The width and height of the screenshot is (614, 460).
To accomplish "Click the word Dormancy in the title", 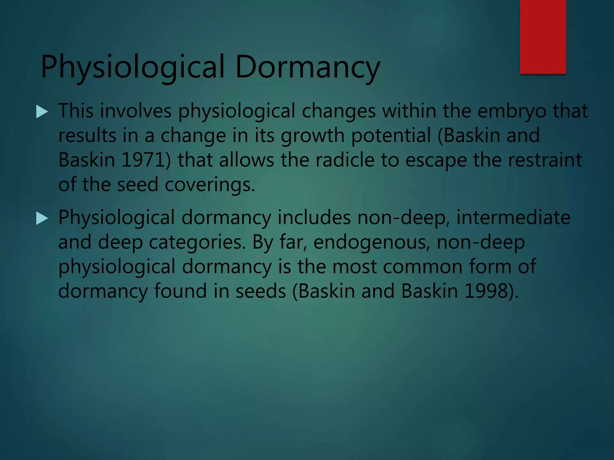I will pyautogui.click(x=308, y=67).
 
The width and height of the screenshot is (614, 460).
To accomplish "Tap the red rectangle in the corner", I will pyautogui.click(x=543, y=37).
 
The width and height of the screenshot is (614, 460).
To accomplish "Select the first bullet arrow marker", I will pyautogui.click(x=42, y=112).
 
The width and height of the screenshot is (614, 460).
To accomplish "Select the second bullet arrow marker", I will pyautogui.click(x=42, y=218).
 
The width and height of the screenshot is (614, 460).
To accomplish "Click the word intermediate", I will pyautogui.click(x=513, y=217).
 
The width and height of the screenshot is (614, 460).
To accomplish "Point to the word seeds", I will pyautogui.click(x=261, y=291).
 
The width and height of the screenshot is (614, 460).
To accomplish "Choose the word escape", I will pyautogui.click(x=436, y=160).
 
